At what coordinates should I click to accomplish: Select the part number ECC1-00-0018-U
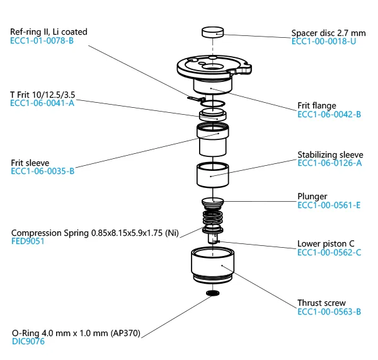point(327,42)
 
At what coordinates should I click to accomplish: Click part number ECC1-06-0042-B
point(329,115)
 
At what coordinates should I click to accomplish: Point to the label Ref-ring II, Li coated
point(49,32)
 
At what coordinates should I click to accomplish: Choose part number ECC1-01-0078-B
point(42,40)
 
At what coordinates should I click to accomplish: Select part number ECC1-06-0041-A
point(42,103)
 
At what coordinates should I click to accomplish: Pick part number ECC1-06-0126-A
point(329,163)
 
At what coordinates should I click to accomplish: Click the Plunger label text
point(312,196)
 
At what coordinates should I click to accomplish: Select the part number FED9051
point(28,241)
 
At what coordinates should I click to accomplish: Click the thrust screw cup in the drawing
point(213,265)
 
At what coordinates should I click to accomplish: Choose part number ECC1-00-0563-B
point(329,312)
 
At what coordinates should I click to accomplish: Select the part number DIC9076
point(28,342)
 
